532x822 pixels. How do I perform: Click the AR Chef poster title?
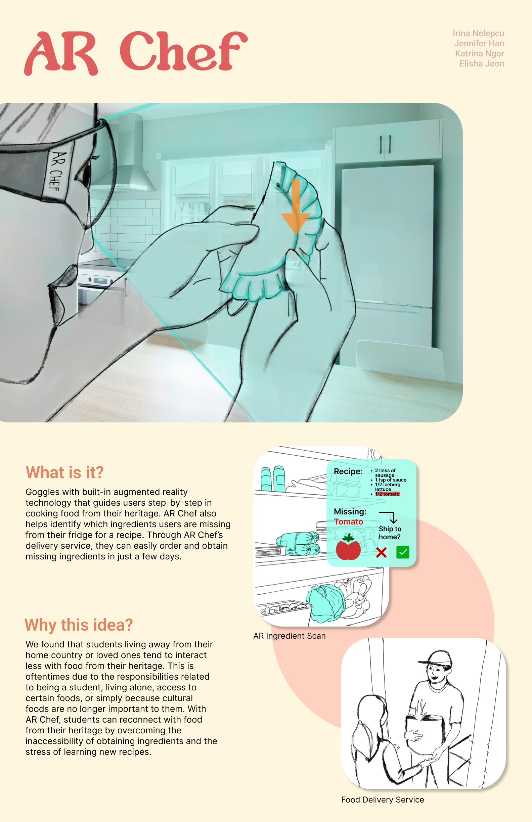click(x=136, y=52)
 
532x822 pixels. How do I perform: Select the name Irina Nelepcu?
click(x=479, y=34)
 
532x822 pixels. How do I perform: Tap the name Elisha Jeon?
click(x=482, y=63)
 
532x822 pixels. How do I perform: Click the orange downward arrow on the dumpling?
click(x=296, y=206)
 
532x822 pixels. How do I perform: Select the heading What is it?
click(x=64, y=472)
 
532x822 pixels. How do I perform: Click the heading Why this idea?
click(x=79, y=625)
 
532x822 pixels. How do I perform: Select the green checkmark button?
click(x=403, y=552)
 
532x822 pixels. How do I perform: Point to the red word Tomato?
click(x=348, y=522)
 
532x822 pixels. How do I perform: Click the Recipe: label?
click(x=348, y=471)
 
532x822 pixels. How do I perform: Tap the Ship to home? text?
click(x=390, y=533)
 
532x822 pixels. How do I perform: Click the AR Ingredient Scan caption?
click(x=290, y=636)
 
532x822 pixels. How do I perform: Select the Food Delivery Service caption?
click(x=383, y=800)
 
